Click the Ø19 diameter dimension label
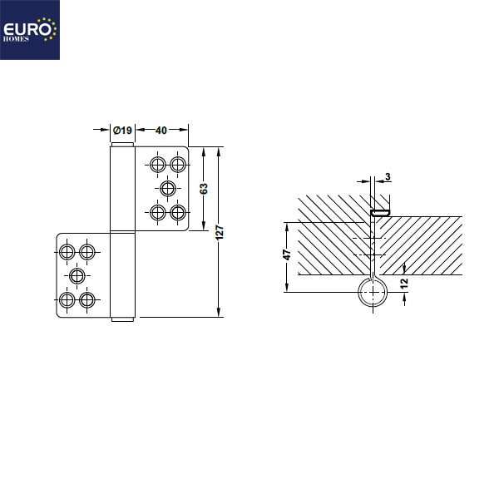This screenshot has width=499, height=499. pos(123,130)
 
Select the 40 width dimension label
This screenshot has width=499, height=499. pos(161,130)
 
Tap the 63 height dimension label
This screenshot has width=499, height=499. pos(204,189)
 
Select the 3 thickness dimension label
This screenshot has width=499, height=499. pos(388,176)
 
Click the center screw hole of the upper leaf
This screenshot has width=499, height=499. pos(168,188)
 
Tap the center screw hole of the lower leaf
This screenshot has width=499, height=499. pos(77,275)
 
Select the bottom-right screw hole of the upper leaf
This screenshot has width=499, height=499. pos(177,212)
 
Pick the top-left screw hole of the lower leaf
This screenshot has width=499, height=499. pos(67,250)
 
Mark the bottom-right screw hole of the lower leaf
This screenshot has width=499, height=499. pos(86,299)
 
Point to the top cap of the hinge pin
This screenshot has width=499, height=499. pos(121,146)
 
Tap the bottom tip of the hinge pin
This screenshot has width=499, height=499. pos(122,319)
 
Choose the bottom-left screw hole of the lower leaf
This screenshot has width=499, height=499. pos(67,299)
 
